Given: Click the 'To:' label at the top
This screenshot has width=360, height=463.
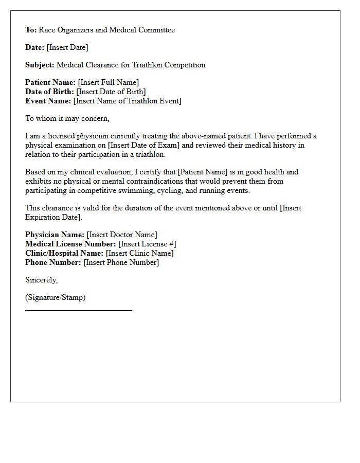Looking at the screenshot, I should (31, 30).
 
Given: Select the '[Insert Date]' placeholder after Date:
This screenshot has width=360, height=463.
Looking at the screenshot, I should (67, 47).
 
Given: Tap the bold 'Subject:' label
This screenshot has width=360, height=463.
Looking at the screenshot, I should (40, 65).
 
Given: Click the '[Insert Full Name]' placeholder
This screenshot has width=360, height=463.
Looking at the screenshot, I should (108, 82).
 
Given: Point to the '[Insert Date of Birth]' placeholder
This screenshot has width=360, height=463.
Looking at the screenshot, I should (111, 92).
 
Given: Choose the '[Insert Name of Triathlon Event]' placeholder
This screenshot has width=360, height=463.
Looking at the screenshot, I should (128, 101).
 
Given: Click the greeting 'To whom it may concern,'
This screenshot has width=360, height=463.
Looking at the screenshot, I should (67, 118).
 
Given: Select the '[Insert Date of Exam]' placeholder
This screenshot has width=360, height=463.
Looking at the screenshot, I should (144, 145).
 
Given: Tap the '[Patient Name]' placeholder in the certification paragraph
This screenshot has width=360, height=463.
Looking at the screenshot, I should (202, 172).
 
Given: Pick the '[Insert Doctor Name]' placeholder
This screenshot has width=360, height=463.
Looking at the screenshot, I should (122, 235).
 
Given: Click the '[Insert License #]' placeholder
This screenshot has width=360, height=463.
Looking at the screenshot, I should (147, 244).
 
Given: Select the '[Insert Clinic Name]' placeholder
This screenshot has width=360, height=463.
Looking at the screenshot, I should (140, 253).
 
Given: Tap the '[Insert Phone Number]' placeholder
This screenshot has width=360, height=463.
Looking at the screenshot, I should (121, 262).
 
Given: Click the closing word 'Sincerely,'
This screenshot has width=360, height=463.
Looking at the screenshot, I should (42, 280).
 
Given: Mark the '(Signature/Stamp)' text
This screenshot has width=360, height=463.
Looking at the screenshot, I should (56, 297).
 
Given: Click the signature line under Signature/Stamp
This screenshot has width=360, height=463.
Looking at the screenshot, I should (79, 310).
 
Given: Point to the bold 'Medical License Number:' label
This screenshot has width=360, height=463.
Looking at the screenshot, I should (70, 244).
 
